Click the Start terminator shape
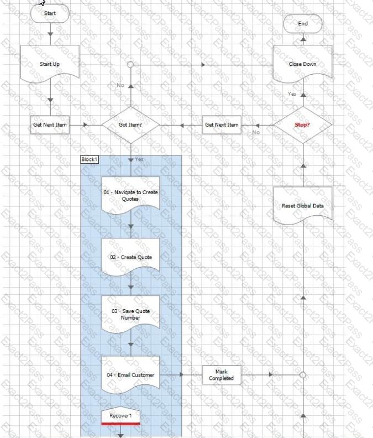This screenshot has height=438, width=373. pos(50,13)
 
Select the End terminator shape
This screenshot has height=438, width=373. pos(303,24)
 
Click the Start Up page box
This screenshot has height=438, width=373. pos(50,64)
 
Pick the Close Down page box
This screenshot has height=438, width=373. pos(303,64)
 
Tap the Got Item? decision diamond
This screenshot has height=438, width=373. pos(130,125)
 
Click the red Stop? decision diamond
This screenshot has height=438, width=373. pos(303,125)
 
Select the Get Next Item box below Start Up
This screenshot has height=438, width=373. pos(50,125)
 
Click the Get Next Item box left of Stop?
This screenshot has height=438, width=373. pos(222,125)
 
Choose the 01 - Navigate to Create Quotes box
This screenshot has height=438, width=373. pos(130,195)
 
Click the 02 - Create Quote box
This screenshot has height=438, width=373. pos(130,257)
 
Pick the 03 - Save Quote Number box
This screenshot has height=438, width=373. pos(130,314)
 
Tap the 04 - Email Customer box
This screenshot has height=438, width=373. pos(130,375)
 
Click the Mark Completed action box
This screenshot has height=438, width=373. pos(222,375)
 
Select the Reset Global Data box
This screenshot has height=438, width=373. pos(303,206)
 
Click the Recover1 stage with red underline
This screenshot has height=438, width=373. pos(120,416)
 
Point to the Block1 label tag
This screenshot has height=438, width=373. pos(90,159)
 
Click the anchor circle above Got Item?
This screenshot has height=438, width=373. pos(130,65)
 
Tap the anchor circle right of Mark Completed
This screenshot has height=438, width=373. pos(303,375)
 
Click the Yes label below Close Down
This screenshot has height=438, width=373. pos(292,94)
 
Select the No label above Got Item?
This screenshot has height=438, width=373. pos(120,85)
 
